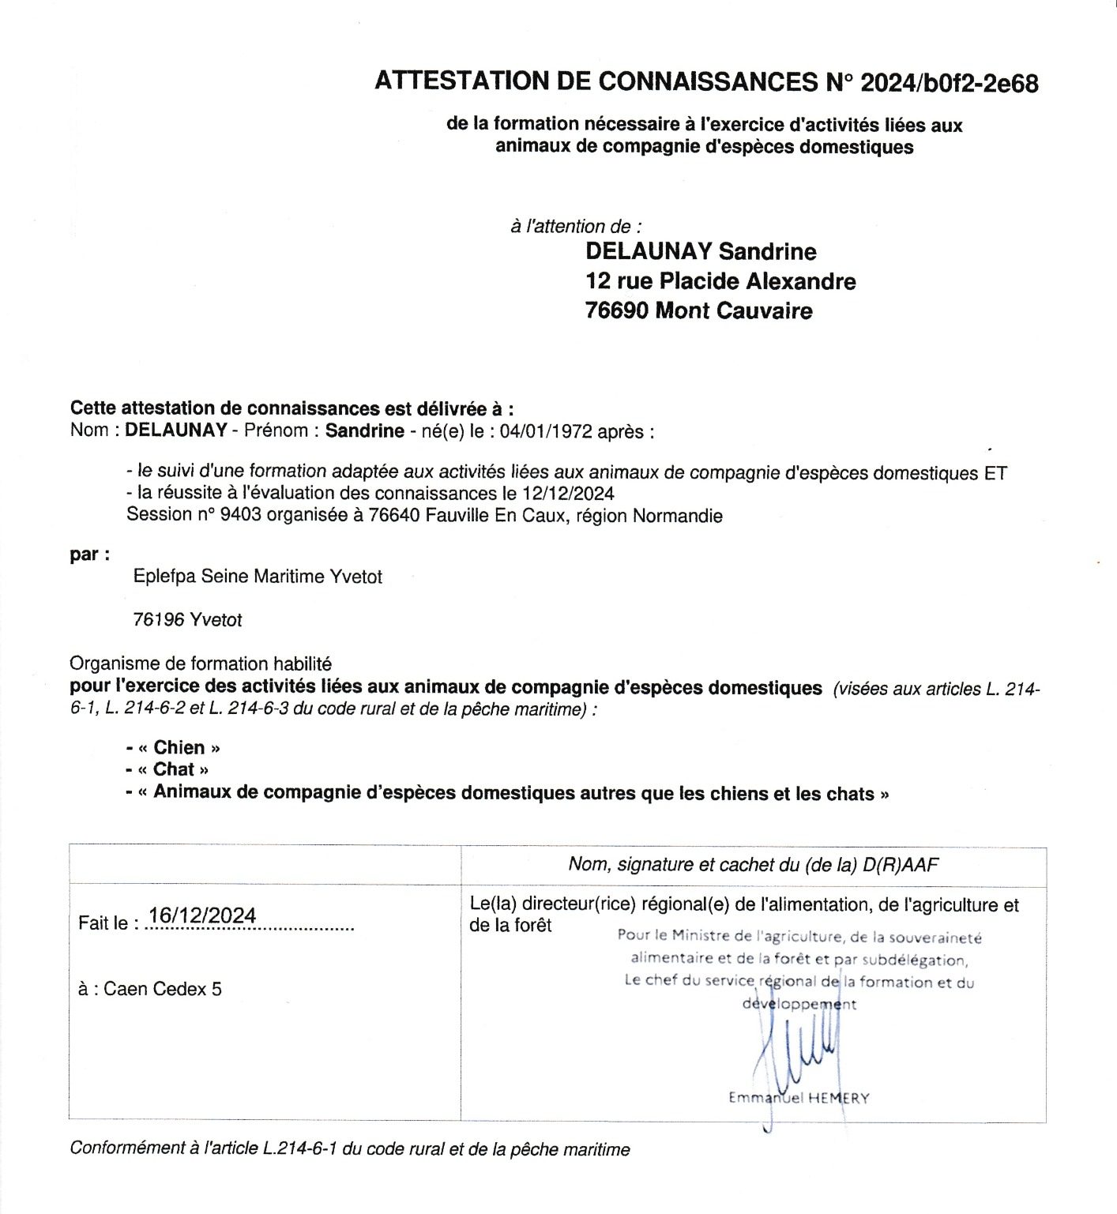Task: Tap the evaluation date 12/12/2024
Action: (568, 494)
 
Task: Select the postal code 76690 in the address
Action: (617, 311)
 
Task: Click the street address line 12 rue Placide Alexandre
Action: (720, 281)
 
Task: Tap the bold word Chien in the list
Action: (179, 747)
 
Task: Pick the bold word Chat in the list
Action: (175, 769)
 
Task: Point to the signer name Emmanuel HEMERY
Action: (798, 1098)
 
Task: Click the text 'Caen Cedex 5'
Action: (162, 989)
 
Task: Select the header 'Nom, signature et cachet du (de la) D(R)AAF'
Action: (753, 865)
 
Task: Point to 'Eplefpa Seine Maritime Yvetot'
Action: (258, 577)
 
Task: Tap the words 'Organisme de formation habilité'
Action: (201, 664)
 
